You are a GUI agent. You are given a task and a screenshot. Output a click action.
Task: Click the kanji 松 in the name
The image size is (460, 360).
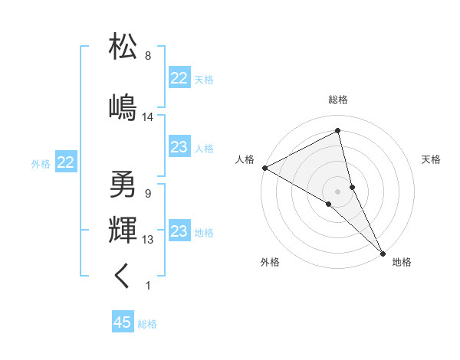123,47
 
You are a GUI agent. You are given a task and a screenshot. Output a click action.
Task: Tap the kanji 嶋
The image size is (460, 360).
123,107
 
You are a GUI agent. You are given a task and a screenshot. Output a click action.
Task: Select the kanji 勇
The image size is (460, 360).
123,185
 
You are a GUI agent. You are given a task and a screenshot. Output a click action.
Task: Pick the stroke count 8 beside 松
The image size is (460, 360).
148,56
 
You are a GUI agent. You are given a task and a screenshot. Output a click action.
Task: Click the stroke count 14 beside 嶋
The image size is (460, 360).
148,117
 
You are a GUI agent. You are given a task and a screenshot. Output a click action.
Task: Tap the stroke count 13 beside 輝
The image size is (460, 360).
148,240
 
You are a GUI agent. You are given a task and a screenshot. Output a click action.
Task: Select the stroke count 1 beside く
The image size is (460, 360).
148,286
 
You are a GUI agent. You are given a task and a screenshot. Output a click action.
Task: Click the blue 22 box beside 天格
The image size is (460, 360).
179,78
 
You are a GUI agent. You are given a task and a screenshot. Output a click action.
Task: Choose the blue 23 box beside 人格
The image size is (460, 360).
179,147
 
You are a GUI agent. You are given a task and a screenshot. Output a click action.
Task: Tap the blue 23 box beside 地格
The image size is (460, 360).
179,231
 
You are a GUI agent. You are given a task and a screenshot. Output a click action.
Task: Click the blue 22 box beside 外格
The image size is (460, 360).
66,162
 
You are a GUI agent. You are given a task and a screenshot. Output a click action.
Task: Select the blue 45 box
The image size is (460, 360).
123,322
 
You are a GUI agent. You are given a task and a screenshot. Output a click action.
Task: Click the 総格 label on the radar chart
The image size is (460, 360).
337,100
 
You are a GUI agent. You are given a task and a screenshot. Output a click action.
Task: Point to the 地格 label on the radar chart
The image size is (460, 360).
402,262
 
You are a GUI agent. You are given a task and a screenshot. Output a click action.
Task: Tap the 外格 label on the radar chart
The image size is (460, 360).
270,262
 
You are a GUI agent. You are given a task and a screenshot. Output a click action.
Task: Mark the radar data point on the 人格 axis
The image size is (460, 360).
264,167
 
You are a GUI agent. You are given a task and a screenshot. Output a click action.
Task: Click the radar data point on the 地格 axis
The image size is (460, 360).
383,252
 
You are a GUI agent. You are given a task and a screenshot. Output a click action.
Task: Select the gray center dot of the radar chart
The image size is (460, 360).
337,190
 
